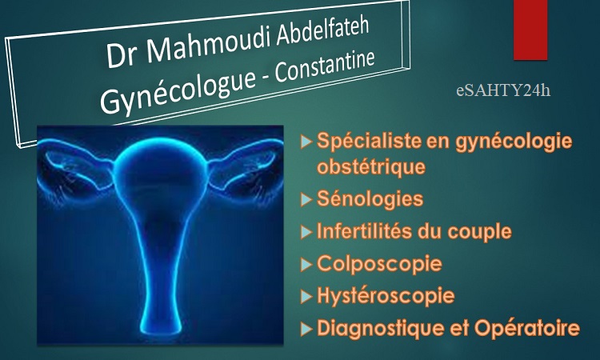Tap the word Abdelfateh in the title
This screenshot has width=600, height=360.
point(322,33)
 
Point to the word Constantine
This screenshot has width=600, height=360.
point(325,66)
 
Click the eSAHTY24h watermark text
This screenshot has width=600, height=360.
point(503,90)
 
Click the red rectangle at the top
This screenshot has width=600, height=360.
point(530,30)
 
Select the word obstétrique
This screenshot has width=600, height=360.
point(371,166)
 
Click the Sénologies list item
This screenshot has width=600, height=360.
point(370,198)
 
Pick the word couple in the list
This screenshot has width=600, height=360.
point(479,231)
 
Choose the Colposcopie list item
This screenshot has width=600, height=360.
point(379,263)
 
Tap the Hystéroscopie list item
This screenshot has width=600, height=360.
point(386,296)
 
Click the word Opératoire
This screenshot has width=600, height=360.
point(527,328)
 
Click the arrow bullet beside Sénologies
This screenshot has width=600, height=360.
point(306,200)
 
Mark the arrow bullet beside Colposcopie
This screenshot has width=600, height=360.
point(306,265)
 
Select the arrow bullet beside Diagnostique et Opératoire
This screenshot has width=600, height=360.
point(306,329)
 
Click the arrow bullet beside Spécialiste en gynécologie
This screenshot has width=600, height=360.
point(306,142)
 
